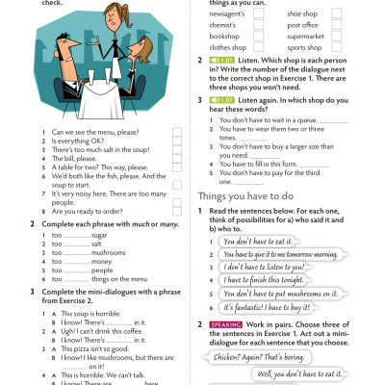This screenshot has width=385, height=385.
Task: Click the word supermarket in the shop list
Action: click(306, 36)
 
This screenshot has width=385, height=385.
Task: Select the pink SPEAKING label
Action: click(224, 325)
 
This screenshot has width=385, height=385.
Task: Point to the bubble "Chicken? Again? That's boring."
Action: click(260, 355)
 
